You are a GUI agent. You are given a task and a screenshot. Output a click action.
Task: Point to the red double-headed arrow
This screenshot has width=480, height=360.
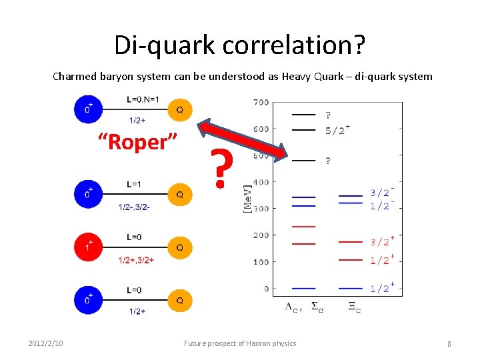tap(243, 141)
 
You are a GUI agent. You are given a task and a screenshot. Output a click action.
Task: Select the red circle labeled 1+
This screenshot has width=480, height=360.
tap(89, 247)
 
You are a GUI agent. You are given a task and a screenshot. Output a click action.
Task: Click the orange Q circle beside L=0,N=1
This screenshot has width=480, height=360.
tap(179, 109)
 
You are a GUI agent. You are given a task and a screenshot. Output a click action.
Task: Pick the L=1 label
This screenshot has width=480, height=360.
tap(135, 183)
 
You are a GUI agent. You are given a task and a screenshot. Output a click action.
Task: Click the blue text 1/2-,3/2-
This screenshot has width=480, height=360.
tap(134, 207)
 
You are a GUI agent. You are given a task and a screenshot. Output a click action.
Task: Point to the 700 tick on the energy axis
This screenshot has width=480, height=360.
tap(261, 103)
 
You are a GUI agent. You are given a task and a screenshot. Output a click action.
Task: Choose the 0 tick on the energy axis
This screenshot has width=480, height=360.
tap(265, 289)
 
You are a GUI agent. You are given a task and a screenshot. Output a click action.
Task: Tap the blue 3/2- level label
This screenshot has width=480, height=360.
tap(383, 193)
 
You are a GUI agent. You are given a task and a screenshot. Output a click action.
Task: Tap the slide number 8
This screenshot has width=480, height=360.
tap(449, 344)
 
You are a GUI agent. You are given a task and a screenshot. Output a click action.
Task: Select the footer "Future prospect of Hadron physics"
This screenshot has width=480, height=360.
tap(240, 343)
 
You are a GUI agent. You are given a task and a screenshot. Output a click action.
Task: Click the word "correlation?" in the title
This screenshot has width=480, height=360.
tap(294, 45)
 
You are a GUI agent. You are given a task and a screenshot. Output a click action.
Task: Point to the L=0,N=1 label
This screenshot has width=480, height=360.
tap(143, 100)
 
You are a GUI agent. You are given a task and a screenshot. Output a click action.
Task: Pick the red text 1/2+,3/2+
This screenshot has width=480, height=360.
tap(135, 260)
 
